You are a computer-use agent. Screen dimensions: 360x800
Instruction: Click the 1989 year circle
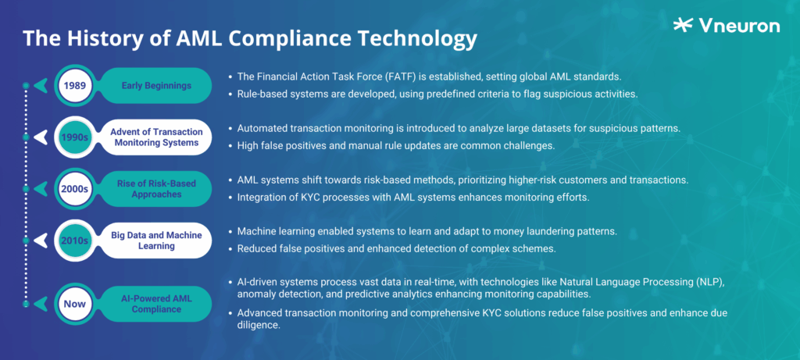pos(76,85)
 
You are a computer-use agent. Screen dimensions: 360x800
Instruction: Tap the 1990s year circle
pos(76,137)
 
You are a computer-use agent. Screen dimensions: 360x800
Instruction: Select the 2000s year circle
pos(76,188)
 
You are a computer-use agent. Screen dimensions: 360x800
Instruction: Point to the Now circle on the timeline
pos(76,302)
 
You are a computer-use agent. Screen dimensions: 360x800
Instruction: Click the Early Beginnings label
pos(155,85)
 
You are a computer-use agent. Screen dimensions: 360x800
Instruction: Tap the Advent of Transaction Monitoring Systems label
pos(155,137)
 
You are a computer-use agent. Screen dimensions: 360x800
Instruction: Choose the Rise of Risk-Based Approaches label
pos(155,188)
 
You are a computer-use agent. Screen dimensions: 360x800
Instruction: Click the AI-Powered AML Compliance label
pos(155,302)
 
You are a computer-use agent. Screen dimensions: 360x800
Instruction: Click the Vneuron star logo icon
pos(682,25)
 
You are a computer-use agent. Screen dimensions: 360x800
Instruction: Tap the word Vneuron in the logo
pos(740,26)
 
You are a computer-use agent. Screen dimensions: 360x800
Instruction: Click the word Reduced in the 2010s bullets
pos(256,248)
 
